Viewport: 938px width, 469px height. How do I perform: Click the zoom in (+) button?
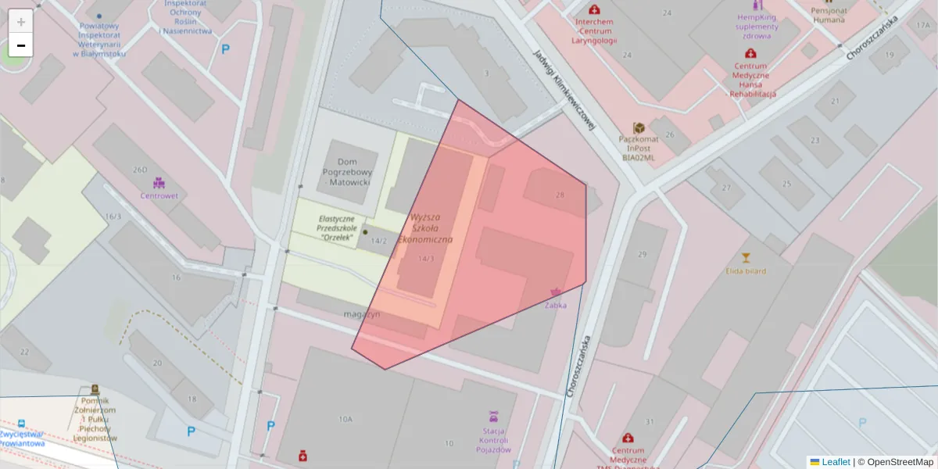point(21,22)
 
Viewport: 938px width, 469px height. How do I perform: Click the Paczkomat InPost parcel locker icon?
point(639,127)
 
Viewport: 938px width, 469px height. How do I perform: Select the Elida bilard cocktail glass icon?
point(745,257)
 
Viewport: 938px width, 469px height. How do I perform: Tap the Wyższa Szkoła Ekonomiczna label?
point(426,227)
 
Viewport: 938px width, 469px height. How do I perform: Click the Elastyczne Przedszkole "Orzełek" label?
point(338,227)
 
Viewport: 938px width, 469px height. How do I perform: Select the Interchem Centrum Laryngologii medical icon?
point(594,9)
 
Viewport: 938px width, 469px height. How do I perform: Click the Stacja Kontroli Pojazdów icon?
point(493,415)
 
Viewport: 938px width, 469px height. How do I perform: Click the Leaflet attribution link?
point(836,462)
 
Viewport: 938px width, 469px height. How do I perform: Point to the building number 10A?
point(345,420)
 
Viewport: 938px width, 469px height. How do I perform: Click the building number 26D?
point(140,170)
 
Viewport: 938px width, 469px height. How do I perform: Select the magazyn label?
point(361,314)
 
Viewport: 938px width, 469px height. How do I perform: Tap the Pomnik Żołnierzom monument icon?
point(95,388)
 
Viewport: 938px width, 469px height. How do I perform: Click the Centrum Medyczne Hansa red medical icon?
point(750,54)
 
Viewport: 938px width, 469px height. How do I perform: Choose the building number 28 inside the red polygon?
point(559,195)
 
